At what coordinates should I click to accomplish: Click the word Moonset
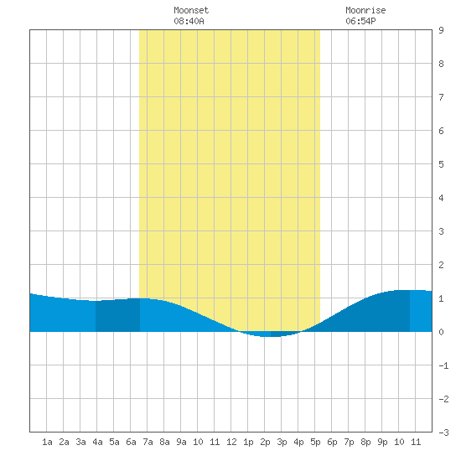coord(191,10)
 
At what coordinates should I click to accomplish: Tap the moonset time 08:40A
coord(189,21)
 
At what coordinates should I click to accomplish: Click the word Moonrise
coord(365,10)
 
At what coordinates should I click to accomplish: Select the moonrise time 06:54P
coord(360,21)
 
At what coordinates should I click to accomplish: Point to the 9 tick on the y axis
coord(441,30)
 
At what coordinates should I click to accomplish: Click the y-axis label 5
coord(441,164)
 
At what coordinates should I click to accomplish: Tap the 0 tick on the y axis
coord(441,332)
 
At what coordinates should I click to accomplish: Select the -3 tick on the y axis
coord(443,433)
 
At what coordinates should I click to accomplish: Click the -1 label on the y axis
coord(443,365)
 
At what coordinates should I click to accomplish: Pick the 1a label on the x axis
coord(47,442)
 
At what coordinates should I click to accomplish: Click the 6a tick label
coord(131,442)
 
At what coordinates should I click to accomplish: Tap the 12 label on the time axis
coord(231,442)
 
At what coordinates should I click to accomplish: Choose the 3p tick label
coord(282,442)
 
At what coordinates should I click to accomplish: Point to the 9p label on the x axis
coord(382,442)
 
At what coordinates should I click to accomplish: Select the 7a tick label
coord(148,442)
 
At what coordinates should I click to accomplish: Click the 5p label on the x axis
coord(315,442)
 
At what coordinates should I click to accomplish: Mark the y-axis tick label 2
coord(441,265)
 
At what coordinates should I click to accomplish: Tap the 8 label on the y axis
coord(441,64)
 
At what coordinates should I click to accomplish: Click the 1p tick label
coord(248,442)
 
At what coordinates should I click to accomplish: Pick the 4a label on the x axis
coord(97,442)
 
